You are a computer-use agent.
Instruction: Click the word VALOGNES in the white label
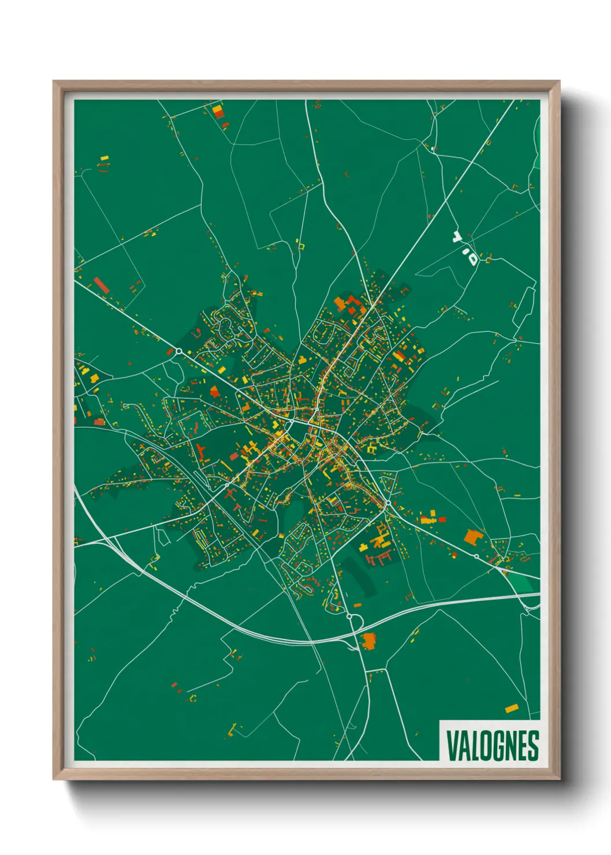[x=493, y=746]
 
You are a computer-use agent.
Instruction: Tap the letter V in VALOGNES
[x=451, y=746]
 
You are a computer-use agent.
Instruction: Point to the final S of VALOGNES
[x=534, y=746]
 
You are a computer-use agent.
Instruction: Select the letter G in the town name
[x=497, y=746]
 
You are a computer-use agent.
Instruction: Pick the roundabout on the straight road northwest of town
[x=179, y=351]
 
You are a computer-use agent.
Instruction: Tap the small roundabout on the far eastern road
[x=476, y=556]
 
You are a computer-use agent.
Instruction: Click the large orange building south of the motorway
[x=368, y=641]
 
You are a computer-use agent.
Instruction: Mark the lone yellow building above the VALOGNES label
[x=511, y=708]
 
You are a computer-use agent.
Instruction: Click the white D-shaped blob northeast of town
[x=472, y=257]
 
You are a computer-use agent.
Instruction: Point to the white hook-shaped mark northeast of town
[x=458, y=236]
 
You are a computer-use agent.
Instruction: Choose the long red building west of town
[x=101, y=285]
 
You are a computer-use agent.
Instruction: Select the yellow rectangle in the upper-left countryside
[x=105, y=157]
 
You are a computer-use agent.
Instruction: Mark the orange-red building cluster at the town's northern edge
[x=348, y=304]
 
